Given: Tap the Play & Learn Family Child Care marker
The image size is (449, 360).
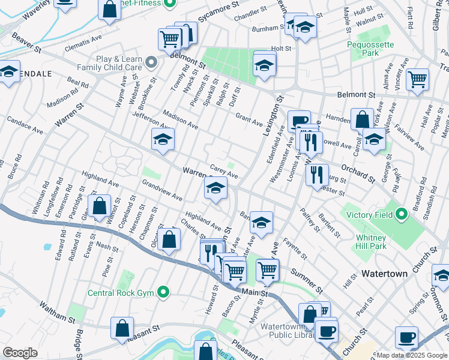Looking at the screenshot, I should (152, 62).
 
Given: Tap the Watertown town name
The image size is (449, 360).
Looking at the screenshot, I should (385, 273).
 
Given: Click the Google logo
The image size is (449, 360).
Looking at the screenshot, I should (20, 353).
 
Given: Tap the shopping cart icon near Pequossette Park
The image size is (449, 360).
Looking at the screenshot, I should (417, 79).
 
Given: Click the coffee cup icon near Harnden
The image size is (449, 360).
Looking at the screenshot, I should (298, 121).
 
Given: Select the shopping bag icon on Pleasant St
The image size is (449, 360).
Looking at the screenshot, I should (122, 328).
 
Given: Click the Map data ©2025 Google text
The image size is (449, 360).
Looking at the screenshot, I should (412, 355).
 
